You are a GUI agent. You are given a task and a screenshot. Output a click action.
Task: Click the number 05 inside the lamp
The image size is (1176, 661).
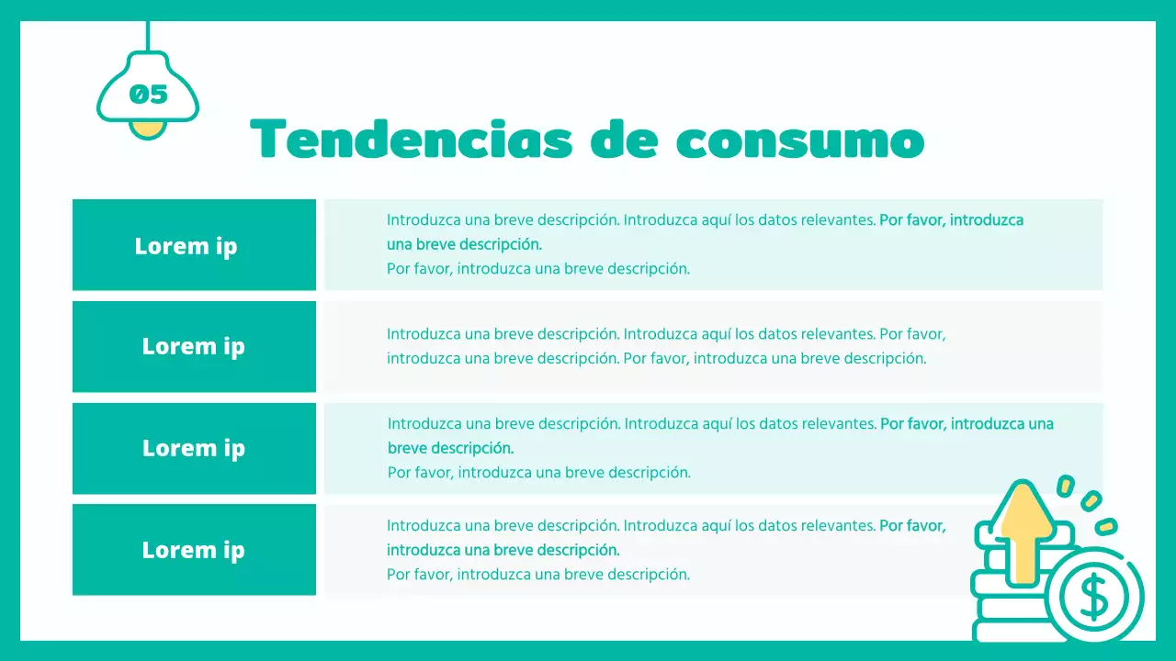click(x=148, y=94)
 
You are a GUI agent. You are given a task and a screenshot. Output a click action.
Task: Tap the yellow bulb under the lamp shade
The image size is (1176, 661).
click(x=147, y=129)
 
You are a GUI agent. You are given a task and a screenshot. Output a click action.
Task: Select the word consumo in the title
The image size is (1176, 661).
click(x=799, y=140)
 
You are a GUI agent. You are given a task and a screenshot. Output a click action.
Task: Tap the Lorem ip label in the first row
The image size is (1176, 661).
click(x=186, y=246)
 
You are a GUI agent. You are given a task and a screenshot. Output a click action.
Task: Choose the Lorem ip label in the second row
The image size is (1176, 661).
click(x=193, y=346)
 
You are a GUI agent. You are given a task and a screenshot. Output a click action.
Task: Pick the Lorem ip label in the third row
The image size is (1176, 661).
click(x=193, y=448)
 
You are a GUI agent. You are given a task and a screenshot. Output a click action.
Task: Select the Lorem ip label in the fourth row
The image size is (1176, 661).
click(x=193, y=550)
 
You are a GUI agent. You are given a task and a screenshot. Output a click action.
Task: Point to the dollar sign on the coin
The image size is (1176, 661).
click(x=1094, y=599)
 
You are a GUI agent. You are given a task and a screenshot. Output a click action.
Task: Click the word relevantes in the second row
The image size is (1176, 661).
click(x=837, y=334)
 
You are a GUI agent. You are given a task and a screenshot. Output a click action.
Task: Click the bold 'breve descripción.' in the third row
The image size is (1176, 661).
click(x=450, y=449)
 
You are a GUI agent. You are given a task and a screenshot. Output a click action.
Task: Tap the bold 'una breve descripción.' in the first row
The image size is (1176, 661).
click(x=464, y=245)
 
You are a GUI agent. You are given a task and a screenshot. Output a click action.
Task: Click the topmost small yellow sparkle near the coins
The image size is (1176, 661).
click(x=1066, y=485)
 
